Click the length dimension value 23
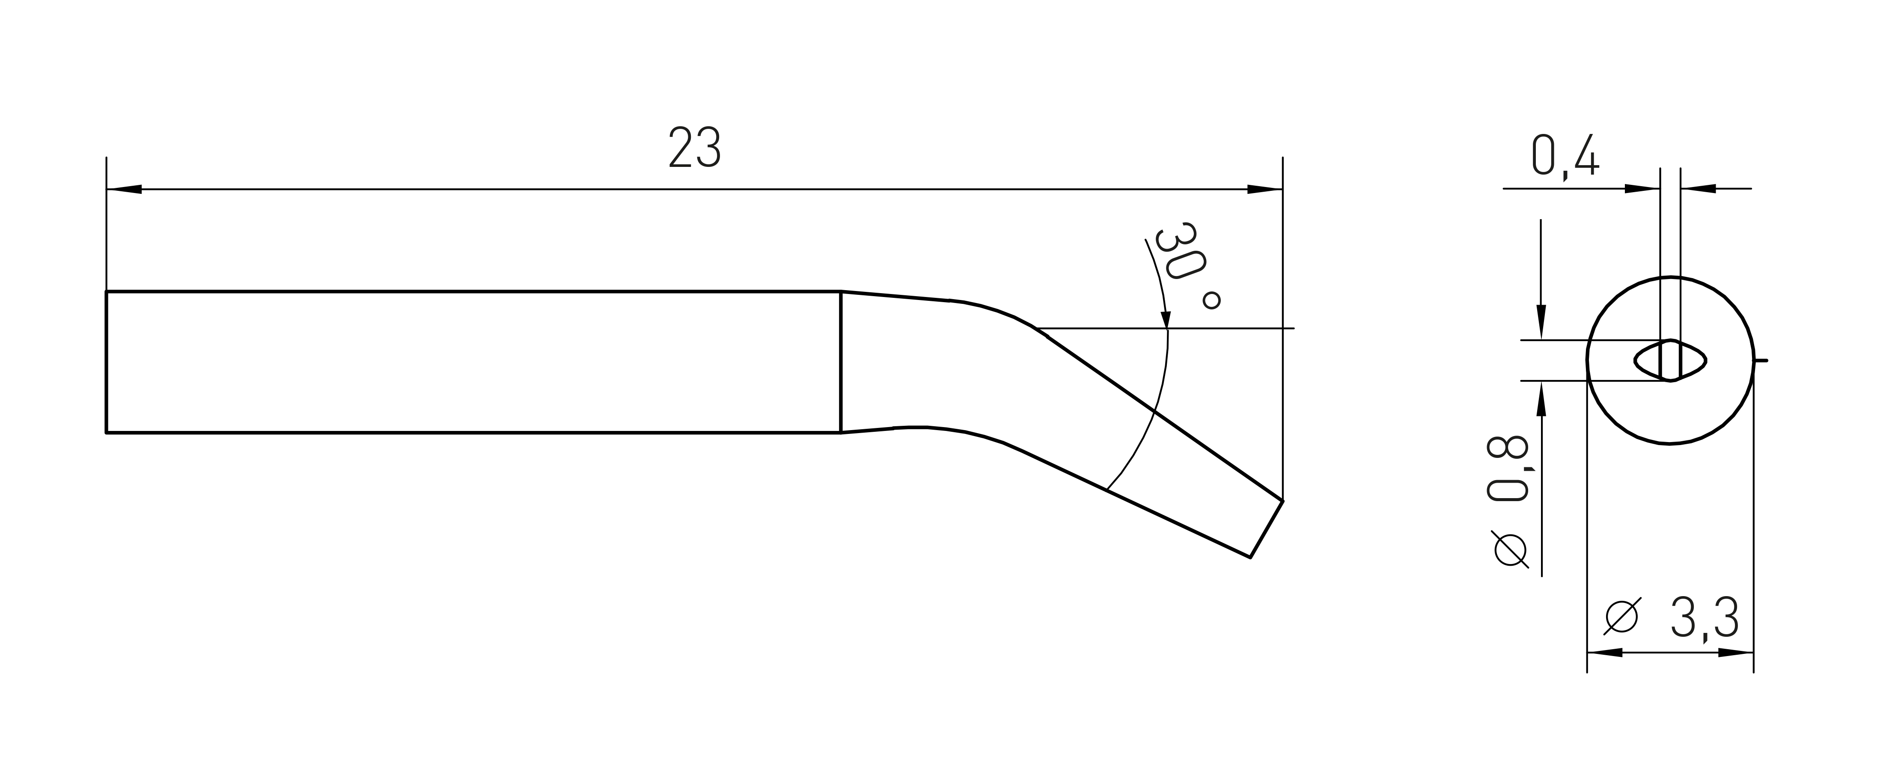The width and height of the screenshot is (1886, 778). coord(695,148)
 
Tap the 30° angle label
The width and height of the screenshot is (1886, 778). coord(1186,268)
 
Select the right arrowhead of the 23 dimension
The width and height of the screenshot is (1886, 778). coord(1264,190)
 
